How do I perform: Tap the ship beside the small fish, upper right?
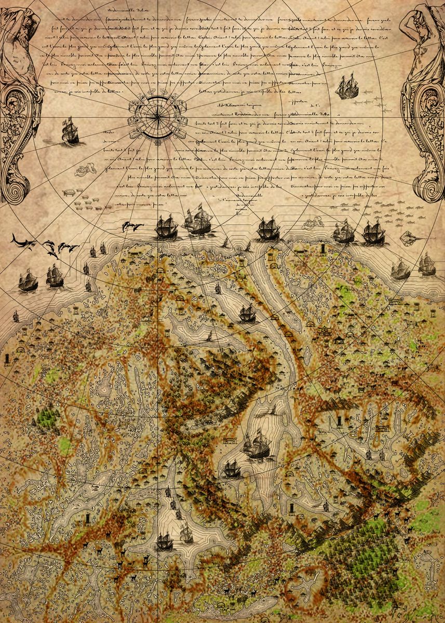[x=346, y=87]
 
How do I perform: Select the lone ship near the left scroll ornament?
[x=71, y=130]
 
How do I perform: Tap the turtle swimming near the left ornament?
[x=68, y=192]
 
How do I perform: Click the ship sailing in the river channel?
[x=247, y=314]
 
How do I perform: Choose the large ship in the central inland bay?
[x=258, y=445]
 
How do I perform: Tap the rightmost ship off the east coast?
[x=427, y=265]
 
